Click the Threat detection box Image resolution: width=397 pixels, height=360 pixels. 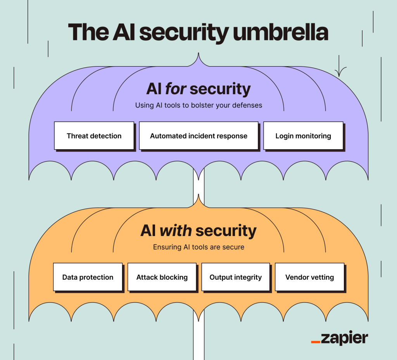click(94, 136)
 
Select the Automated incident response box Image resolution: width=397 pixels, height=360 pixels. click(198, 136)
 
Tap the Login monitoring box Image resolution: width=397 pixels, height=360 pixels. click(303, 136)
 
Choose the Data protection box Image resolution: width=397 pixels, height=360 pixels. click(88, 277)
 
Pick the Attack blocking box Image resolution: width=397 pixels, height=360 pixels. click(162, 277)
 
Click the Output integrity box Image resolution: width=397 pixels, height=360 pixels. click(235, 277)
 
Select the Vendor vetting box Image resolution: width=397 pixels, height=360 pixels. click(309, 277)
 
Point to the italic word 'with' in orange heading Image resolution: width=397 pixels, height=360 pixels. click(175, 231)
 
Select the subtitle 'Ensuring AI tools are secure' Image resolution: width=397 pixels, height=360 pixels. click(198, 247)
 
